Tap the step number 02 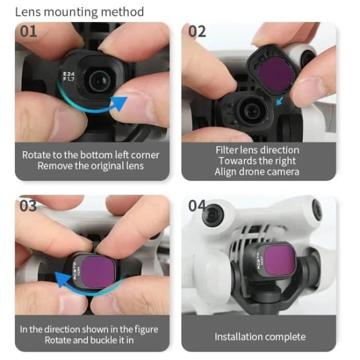(197, 31)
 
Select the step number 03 (29, 205)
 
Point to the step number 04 (197, 205)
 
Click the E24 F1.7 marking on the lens (68, 77)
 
